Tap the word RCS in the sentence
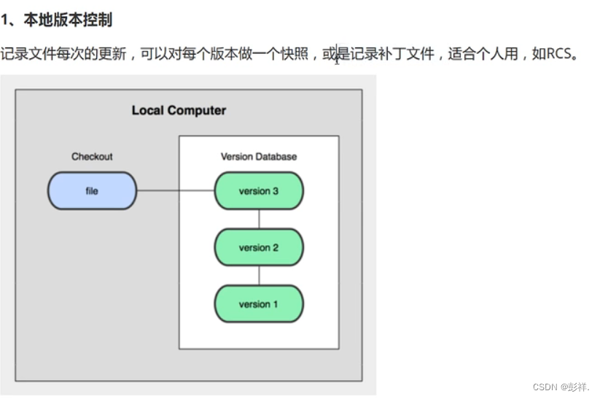coord(562,55)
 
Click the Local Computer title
coord(179,111)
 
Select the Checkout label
coord(92,157)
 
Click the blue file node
coord(92,191)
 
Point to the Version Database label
coord(259,157)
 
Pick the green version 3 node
coord(259,191)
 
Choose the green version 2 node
coord(259,248)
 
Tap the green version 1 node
coord(259,304)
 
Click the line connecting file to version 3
coord(175,191)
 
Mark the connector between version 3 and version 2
coord(259,220)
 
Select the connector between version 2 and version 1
coord(259,276)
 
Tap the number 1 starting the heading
coord(5,20)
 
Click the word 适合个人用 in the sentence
coord(484,55)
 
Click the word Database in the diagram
coord(276,157)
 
